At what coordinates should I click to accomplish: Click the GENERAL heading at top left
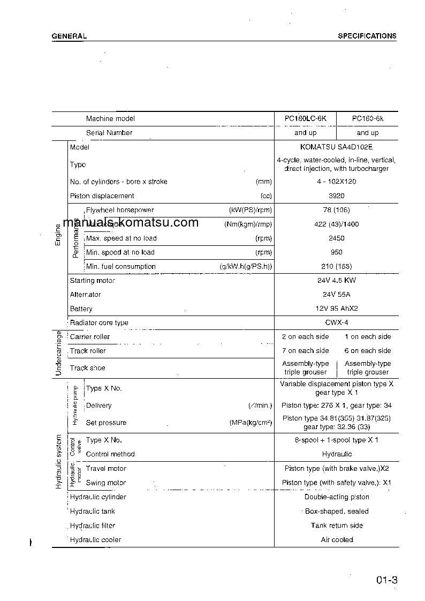coord(69,36)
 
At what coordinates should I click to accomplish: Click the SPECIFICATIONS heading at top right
coord(367,36)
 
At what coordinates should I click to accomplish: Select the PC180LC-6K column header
coord(305,118)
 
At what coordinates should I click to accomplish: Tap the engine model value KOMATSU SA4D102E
coord(336,147)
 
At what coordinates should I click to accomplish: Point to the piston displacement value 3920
coord(336,196)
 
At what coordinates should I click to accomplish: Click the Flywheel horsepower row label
coord(120,210)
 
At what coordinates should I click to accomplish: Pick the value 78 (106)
coord(336,210)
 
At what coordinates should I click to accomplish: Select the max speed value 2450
coord(336,238)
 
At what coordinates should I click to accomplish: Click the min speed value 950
coord(336,252)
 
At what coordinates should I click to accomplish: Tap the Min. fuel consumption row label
coord(121,266)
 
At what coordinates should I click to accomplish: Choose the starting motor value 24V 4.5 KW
coord(336,280)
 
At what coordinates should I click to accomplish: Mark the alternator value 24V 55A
coord(336,295)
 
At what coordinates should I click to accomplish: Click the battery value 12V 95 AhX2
coord(336,309)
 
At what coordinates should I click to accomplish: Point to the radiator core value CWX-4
coord(336,323)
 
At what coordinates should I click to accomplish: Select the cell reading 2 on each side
coord(305,337)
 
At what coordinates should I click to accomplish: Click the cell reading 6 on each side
coord(367,351)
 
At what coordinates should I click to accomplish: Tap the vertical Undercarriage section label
coord(58,353)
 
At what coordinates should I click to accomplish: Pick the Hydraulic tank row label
coord(93,512)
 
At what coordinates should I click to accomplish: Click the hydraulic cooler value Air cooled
coord(337,540)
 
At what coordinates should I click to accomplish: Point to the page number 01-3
coord(386,580)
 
